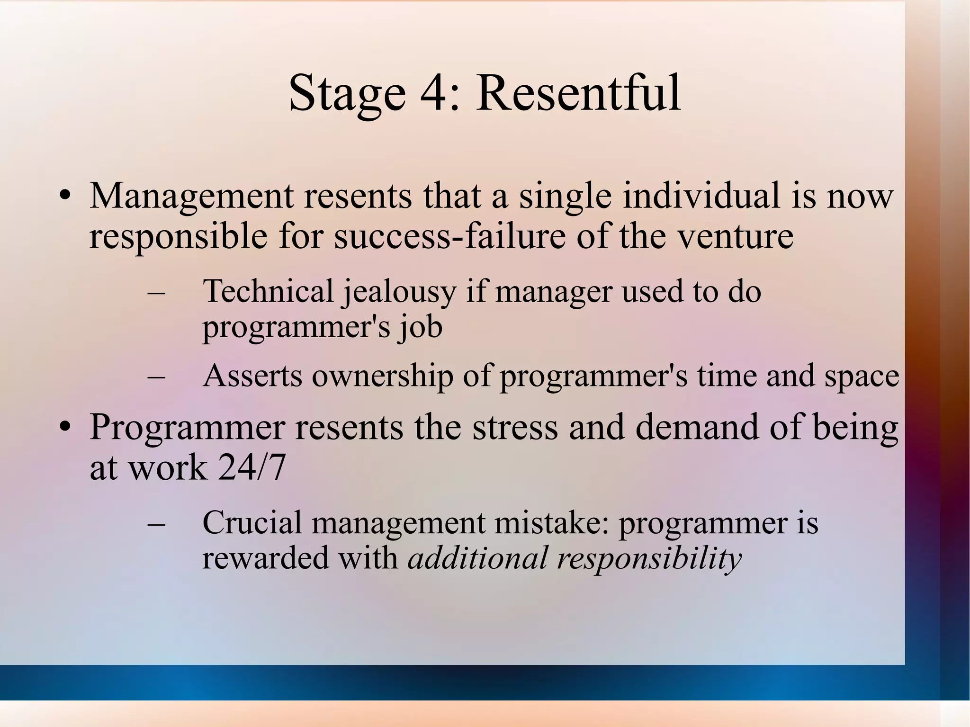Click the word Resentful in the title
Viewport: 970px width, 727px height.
point(578,93)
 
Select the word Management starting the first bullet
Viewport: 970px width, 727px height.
point(191,197)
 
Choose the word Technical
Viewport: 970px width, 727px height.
point(268,291)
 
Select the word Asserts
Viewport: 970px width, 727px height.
point(252,376)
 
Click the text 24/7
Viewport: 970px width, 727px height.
point(252,468)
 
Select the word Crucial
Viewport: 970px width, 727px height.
point(252,523)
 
